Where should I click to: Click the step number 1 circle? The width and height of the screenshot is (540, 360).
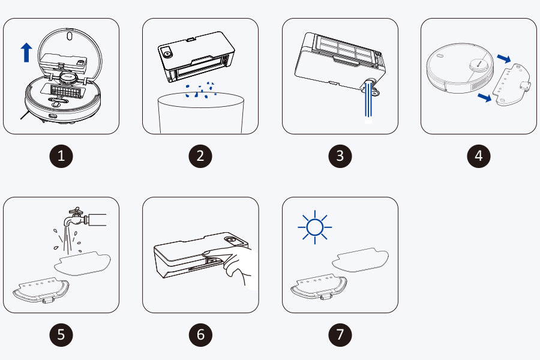[x=61, y=156]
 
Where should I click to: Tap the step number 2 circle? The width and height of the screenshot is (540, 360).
[x=200, y=156]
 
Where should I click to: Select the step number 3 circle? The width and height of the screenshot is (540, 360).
[x=340, y=156]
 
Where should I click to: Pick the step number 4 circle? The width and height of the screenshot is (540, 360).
[x=479, y=156]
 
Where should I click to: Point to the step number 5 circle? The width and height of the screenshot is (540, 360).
[x=61, y=335]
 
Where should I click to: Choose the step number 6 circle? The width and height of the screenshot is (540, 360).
[x=200, y=335]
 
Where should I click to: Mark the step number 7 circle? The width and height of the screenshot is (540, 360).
[x=340, y=335]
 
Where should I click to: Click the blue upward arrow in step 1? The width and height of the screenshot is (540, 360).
[x=26, y=52]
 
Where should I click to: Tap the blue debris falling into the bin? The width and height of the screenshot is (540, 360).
[x=200, y=90]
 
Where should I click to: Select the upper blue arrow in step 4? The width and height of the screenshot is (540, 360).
[x=504, y=59]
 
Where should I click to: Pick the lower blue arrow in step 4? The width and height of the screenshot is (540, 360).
[x=485, y=97]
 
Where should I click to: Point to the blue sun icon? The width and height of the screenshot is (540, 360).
[x=315, y=227]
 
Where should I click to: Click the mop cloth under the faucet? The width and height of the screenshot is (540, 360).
[x=82, y=263]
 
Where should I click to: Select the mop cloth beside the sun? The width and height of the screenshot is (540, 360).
[x=360, y=260]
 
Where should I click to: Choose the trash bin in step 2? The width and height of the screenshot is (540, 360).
[x=201, y=113]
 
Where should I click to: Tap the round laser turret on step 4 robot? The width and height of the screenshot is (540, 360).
[x=479, y=64]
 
